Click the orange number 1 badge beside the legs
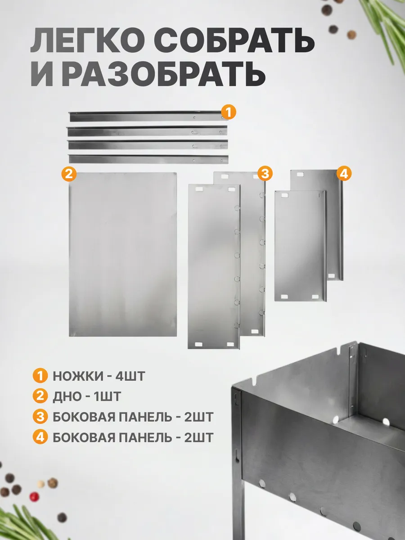229,112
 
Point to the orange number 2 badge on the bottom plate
69,174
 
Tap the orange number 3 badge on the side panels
265,174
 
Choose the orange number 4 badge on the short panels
344,174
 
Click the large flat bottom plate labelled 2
123,254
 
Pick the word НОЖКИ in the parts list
78,376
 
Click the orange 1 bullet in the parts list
40,376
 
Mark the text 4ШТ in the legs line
130,376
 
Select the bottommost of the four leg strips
148,159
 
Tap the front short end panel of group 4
301,246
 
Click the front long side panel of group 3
214,266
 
